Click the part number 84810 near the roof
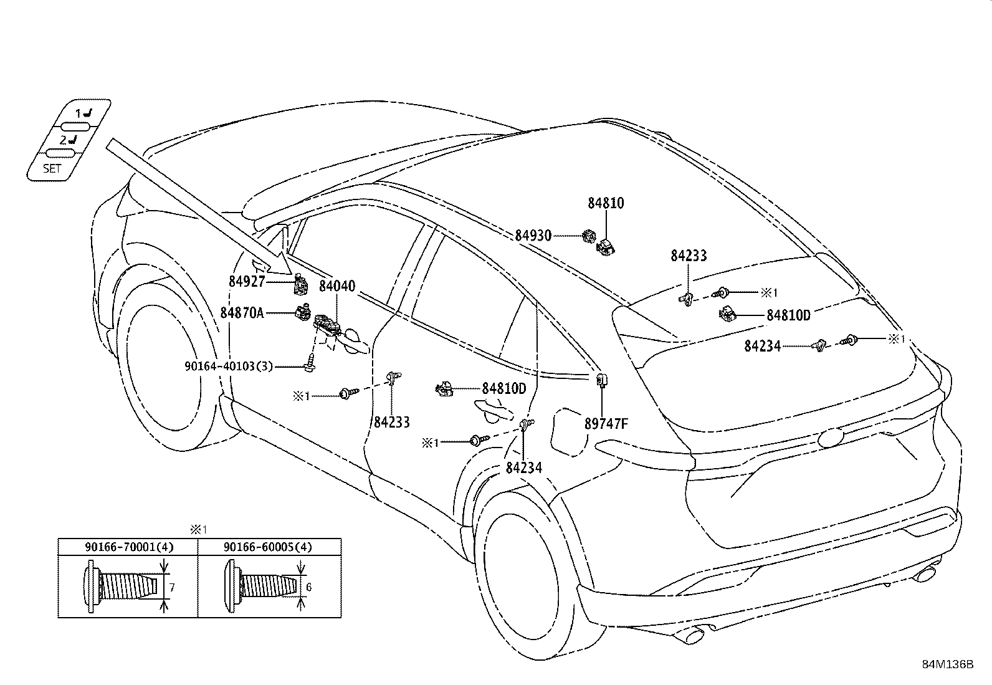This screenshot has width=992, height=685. pyautogui.click(x=606, y=203)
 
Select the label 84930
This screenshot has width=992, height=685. pyautogui.click(x=533, y=236)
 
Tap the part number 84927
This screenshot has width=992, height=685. pyautogui.click(x=247, y=282)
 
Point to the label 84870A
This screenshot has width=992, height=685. pyautogui.click(x=242, y=312)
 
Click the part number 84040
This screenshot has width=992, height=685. pyautogui.click(x=337, y=287)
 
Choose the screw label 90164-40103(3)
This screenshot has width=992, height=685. pyautogui.click(x=229, y=366)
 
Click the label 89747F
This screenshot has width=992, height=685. pyautogui.click(x=606, y=424)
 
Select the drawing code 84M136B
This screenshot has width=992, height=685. pyautogui.click(x=948, y=664)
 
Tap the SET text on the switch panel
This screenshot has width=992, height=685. pyautogui.click(x=52, y=168)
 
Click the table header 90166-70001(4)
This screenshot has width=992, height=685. pyautogui.click(x=129, y=547)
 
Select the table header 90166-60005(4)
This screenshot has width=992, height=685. pyautogui.click(x=268, y=547)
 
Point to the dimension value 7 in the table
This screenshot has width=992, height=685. pyautogui.click(x=171, y=587)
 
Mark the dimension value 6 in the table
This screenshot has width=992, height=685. pyautogui.click(x=308, y=587)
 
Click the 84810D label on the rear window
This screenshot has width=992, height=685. pyautogui.click(x=788, y=315)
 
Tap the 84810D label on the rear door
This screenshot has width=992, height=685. pyautogui.click(x=503, y=389)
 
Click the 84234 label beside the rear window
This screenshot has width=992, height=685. pyautogui.click(x=762, y=346)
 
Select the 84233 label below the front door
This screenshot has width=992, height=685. pyautogui.click(x=392, y=423)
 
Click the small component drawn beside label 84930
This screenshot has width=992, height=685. pyautogui.click(x=588, y=236)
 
